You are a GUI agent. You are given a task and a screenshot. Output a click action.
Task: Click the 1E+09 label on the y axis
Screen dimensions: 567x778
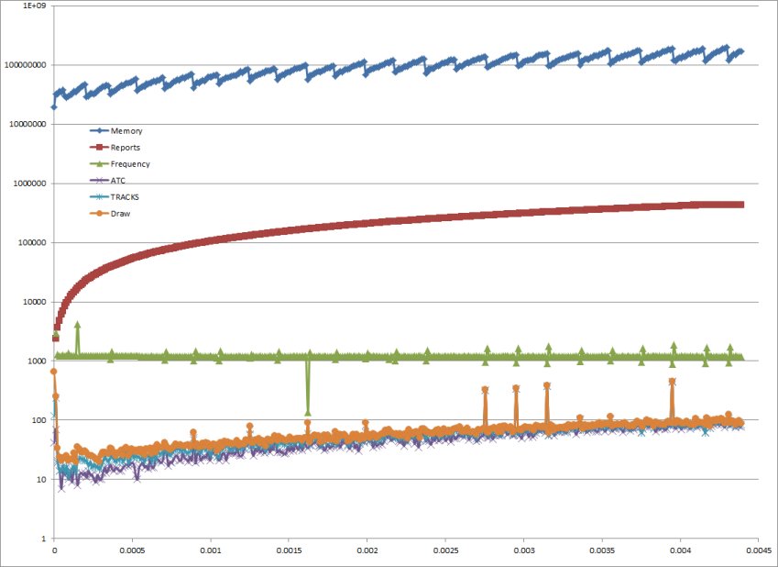(x=33, y=6)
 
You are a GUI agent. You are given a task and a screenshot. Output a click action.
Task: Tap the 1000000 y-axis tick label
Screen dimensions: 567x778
(x=29, y=183)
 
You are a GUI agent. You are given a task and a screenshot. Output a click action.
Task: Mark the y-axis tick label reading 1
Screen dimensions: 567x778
(x=44, y=539)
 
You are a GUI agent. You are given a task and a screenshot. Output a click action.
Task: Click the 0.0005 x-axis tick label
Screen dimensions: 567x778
(x=132, y=553)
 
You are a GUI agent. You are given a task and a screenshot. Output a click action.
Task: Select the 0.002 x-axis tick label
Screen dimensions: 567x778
(x=367, y=553)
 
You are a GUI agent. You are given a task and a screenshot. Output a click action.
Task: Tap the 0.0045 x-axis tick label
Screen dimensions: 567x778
(x=759, y=553)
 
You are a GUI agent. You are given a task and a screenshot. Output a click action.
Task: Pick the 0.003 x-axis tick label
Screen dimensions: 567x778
(x=524, y=553)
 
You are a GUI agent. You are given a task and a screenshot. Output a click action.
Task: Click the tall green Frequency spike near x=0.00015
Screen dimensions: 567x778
(x=77, y=325)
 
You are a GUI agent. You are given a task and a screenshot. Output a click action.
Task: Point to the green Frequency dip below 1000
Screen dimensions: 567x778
(x=308, y=412)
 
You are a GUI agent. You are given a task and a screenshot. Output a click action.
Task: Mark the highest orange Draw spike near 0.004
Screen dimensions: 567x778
(x=673, y=382)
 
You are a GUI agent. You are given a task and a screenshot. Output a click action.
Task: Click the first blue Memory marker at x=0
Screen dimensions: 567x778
(x=54, y=106)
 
